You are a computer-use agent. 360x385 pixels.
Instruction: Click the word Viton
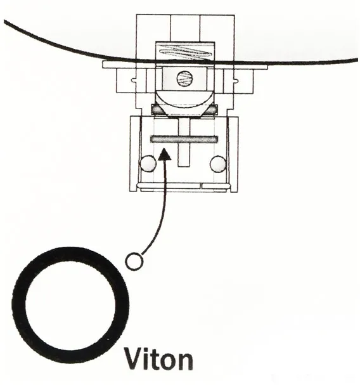tap(158, 358)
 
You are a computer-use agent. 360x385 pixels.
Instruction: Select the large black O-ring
tap(18, 304)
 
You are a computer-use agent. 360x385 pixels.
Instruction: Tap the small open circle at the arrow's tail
tap(134, 261)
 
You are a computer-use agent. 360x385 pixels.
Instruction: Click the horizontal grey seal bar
tap(184, 139)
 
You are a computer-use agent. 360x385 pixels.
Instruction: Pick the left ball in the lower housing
tap(148, 164)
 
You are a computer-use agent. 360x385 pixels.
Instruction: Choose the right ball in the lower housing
tap(218, 164)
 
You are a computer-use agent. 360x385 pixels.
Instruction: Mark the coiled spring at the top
tap(184, 53)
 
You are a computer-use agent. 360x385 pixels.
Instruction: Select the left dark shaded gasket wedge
tap(158, 110)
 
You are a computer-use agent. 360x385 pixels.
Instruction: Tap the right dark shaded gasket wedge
tap(211, 110)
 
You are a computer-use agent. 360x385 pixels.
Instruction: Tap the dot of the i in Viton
tap(147, 349)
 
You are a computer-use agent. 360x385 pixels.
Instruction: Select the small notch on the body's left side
tap(134, 80)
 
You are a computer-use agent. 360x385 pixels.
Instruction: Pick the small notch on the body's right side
tap(236, 80)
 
